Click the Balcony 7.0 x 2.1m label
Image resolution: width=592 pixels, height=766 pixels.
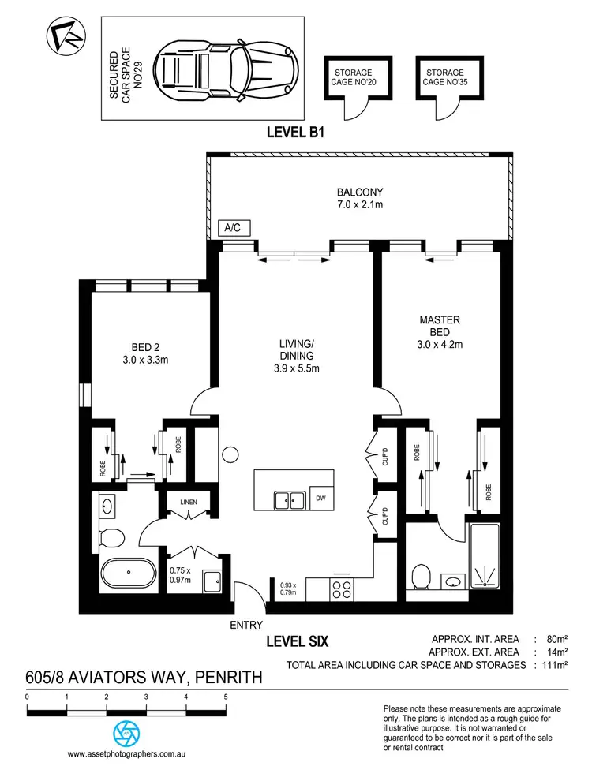[x=360, y=198]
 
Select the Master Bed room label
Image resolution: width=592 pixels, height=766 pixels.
[x=439, y=332]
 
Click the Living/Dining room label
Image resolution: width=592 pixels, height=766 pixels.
[x=297, y=355]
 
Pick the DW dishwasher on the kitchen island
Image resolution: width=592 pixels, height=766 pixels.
[x=320, y=499]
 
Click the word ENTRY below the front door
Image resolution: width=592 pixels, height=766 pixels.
[x=245, y=625]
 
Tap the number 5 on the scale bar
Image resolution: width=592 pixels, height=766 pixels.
[x=226, y=697]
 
